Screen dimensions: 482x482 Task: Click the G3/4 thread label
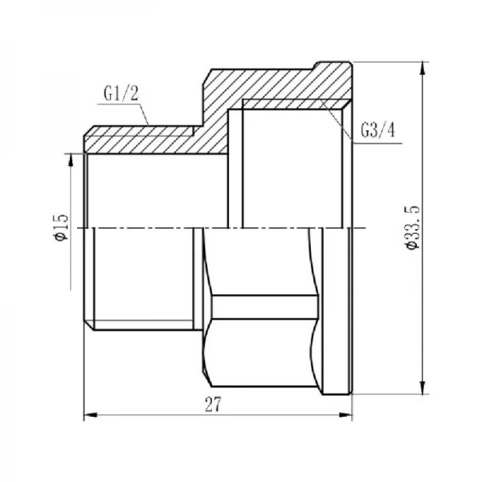point(378,130)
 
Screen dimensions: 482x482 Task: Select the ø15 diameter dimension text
point(61,228)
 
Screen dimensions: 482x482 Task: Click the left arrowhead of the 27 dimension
point(89,415)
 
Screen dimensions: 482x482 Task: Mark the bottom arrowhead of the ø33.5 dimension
point(423,390)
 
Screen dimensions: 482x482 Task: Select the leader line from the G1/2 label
point(145,113)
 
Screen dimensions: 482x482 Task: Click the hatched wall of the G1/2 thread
point(145,140)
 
